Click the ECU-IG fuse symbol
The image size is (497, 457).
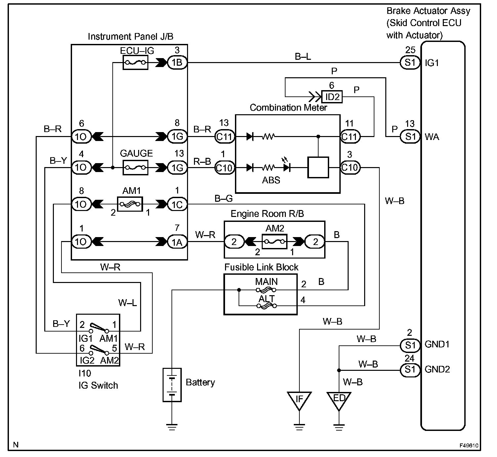(135, 62)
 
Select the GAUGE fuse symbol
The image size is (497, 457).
(135, 168)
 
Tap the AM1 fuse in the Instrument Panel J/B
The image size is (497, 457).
(130, 204)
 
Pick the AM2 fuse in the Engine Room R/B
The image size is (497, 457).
(274, 241)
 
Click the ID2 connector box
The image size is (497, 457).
(332, 96)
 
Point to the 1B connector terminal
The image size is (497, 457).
(177, 62)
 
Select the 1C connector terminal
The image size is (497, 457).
(177, 204)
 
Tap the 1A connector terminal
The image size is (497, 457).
(177, 242)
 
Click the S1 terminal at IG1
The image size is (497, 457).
(410, 62)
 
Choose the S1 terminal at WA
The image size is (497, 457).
(410, 136)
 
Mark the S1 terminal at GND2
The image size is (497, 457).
(410, 370)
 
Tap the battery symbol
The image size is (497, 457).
(172, 385)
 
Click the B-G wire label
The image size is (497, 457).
(223, 198)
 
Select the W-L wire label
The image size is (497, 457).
(127, 302)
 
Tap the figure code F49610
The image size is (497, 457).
(469, 446)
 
